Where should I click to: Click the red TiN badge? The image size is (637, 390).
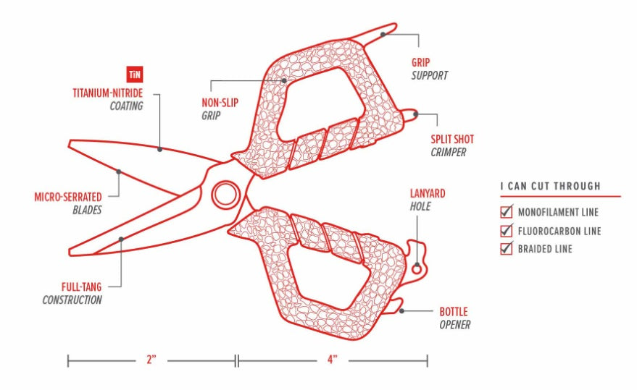(x=134, y=75)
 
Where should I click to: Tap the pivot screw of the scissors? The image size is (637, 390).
(x=225, y=193)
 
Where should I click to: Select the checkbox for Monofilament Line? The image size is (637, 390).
(x=507, y=213)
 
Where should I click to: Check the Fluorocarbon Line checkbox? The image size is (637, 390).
(x=507, y=231)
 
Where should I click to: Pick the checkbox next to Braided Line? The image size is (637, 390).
(x=507, y=249)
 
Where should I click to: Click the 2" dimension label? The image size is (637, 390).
(x=151, y=359)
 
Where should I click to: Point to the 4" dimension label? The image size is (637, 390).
(x=332, y=359)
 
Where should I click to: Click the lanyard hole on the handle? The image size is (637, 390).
(x=417, y=269)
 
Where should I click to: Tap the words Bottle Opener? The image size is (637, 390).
(x=454, y=318)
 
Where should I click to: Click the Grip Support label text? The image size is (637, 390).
(x=430, y=69)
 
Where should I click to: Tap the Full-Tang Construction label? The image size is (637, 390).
(x=72, y=293)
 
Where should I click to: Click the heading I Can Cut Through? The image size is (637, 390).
(x=551, y=186)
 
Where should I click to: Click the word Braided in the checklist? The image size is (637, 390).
(x=535, y=249)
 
